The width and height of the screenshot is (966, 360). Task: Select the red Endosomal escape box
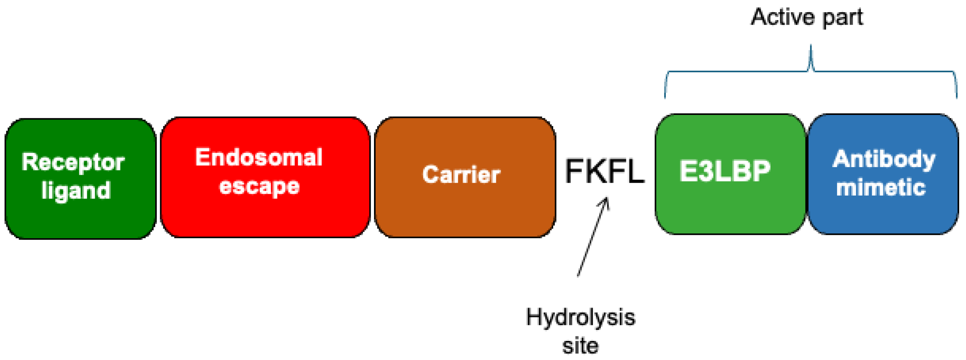pos(265,217)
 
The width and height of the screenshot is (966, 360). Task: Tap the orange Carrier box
pos(465,213)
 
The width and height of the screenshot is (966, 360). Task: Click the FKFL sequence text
pos(605,172)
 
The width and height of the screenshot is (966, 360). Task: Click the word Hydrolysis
pos(580,317)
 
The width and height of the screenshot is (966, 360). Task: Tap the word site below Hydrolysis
pos(580,346)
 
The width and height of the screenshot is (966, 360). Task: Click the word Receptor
pos(73,162)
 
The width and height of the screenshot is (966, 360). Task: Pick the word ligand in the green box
pos(76,190)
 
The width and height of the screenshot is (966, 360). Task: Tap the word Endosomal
pos(259,157)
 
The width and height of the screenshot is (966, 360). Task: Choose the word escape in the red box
pos(259,186)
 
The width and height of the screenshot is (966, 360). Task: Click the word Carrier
pos(461,175)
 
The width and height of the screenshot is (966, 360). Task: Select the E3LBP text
pos(725,171)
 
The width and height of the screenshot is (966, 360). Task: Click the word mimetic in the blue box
pos(881,187)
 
